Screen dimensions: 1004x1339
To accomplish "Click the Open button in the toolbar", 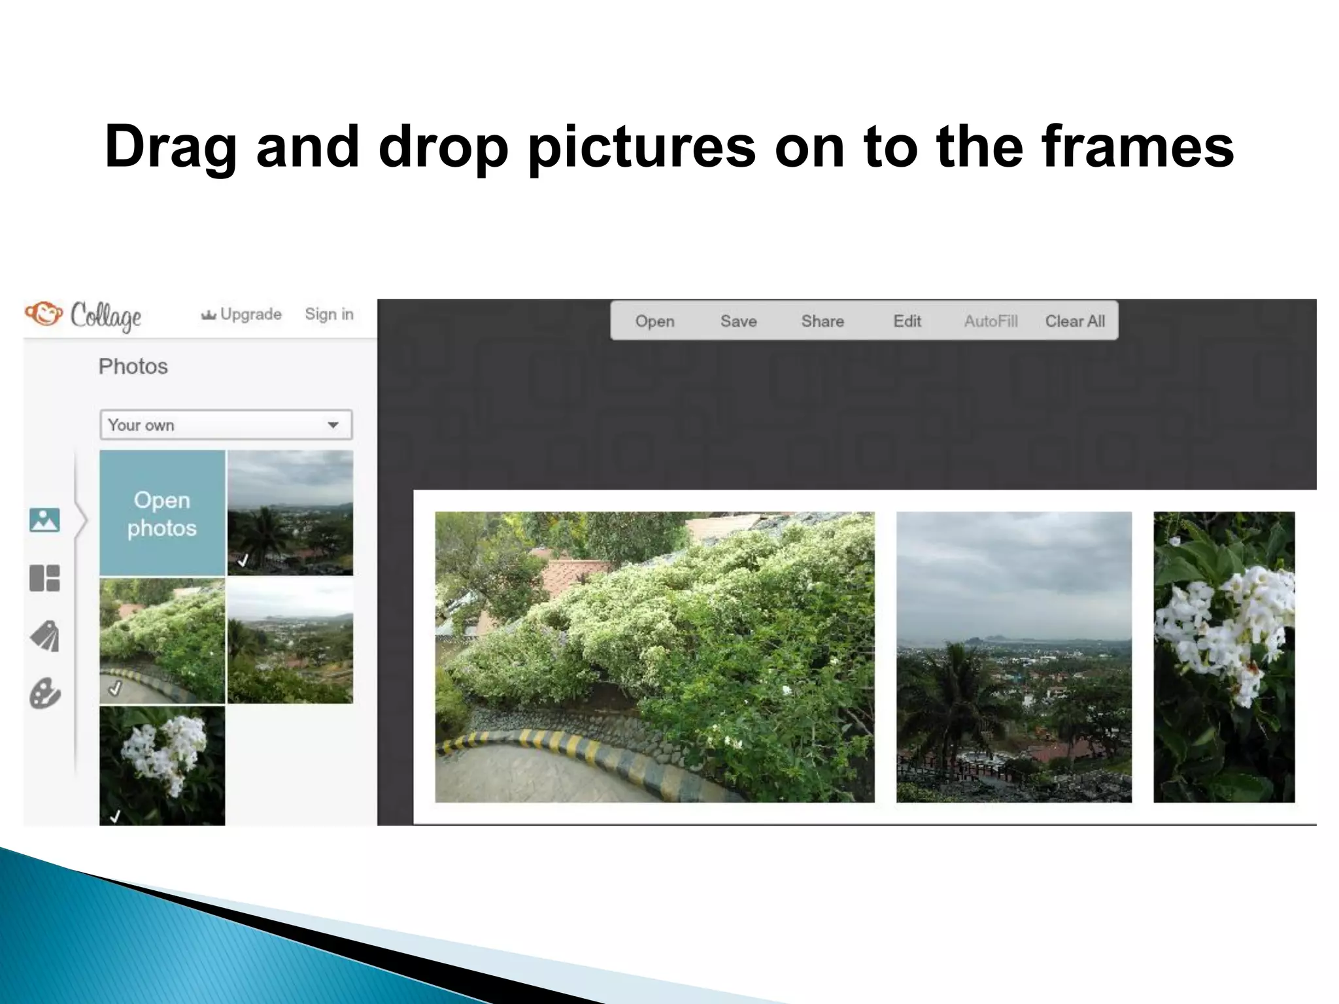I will pos(654,321).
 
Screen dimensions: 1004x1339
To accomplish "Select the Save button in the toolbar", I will pos(738,321).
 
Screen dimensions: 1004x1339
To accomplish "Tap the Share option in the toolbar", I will pos(822,321).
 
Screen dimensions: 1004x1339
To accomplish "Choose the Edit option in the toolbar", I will pos(907,321).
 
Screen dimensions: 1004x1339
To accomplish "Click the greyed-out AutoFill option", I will pos(991,321).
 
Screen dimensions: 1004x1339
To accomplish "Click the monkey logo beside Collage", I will pos(44,314).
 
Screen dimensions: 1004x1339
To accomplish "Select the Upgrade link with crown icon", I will pos(242,314).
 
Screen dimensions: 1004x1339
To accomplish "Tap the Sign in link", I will pos(329,314).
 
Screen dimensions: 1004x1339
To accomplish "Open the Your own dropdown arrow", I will pos(333,425).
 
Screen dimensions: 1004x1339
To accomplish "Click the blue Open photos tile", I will pos(162,513).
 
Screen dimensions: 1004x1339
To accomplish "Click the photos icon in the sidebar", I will pos(44,520).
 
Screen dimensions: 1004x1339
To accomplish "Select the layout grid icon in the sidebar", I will pos(44,578).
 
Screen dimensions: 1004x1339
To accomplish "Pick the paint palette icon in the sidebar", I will pos(44,694).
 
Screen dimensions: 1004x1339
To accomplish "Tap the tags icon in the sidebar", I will pos(44,636).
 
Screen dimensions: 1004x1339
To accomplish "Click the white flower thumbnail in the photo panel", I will pos(162,765).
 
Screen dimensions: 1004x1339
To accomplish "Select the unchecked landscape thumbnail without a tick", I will pos(290,641).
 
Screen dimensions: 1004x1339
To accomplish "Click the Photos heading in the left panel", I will pos(133,367).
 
